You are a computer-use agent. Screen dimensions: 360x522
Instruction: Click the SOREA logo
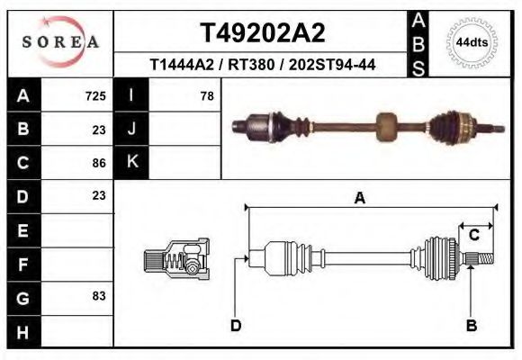click(x=60, y=42)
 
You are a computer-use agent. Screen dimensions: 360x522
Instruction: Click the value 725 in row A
click(x=95, y=96)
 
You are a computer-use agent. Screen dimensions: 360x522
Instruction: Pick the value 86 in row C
click(x=99, y=163)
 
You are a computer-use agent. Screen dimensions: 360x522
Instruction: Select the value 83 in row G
click(x=99, y=296)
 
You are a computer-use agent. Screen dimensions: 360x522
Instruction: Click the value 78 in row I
click(x=206, y=96)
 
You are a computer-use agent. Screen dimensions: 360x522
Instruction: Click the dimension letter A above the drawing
click(x=360, y=199)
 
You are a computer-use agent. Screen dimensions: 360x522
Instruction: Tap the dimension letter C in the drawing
click(x=473, y=235)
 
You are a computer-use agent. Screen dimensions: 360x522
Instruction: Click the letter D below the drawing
click(x=236, y=326)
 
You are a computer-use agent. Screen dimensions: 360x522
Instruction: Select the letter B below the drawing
click(x=471, y=326)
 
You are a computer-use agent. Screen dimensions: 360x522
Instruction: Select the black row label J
click(x=131, y=130)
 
